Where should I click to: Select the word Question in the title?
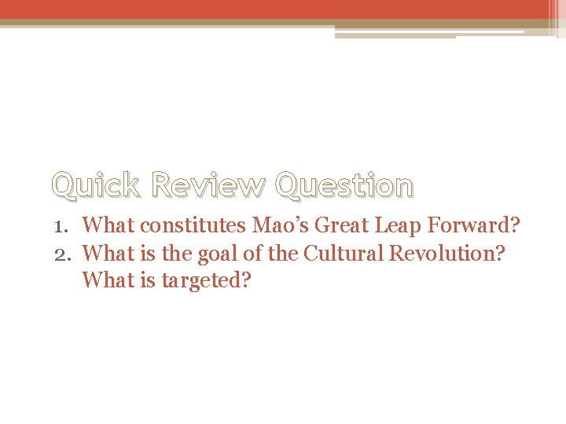pos(344,186)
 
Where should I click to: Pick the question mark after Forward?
pos(514,226)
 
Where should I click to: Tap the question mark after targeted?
pos(245,280)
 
